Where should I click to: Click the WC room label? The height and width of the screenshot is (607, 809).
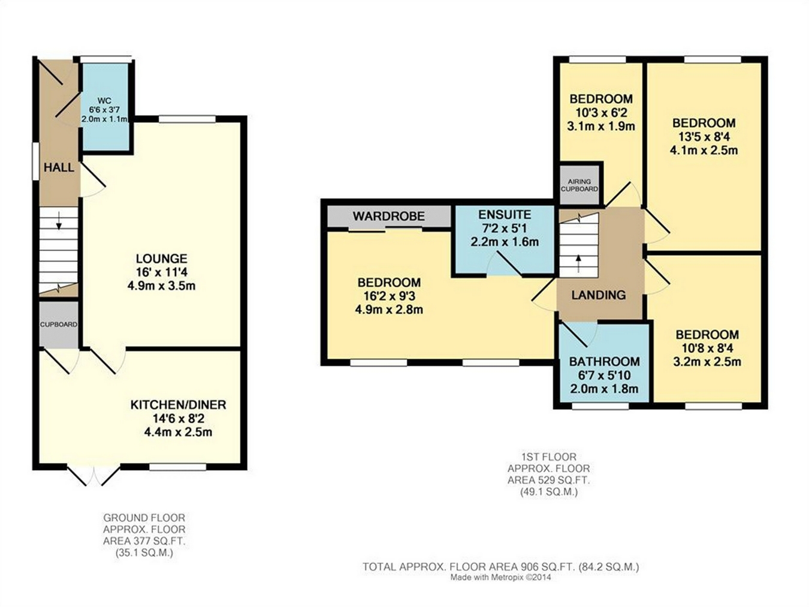pyautogui.click(x=105, y=101)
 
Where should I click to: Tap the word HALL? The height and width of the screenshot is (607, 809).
pyautogui.click(x=59, y=168)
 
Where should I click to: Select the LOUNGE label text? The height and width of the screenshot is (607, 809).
pyautogui.click(x=161, y=259)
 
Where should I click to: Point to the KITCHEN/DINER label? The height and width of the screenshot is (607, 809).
pyautogui.click(x=178, y=405)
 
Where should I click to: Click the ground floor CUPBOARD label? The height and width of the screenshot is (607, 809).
pyautogui.click(x=59, y=324)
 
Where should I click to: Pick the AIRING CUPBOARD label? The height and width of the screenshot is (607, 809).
pyautogui.click(x=579, y=185)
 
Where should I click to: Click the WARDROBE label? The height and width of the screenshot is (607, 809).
pyautogui.click(x=389, y=216)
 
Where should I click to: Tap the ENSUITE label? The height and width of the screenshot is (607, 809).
pyautogui.click(x=505, y=215)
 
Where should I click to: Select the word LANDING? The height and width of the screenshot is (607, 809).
pyautogui.click(x=599, y=295)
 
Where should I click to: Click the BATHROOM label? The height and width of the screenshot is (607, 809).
pyautogui.click(x=604, y=362)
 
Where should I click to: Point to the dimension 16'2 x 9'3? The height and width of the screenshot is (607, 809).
pyautogui.click(x=389, y=296)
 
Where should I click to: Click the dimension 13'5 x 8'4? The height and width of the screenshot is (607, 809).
pyautogui.click(x=704, y=137)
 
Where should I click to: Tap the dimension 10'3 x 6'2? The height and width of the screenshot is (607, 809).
pyautogui.click(x=601, y=113)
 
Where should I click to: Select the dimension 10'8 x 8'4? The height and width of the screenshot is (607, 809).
pyautogui.click(x=707, y=348)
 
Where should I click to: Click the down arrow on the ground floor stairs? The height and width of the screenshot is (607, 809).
pyautogui.click(x=59, y=223)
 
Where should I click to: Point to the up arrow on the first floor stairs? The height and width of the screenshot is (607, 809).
pyautogui.click(x=578, y=264)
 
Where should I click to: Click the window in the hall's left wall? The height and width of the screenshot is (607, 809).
pyautogui.click(x=35, y=161)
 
